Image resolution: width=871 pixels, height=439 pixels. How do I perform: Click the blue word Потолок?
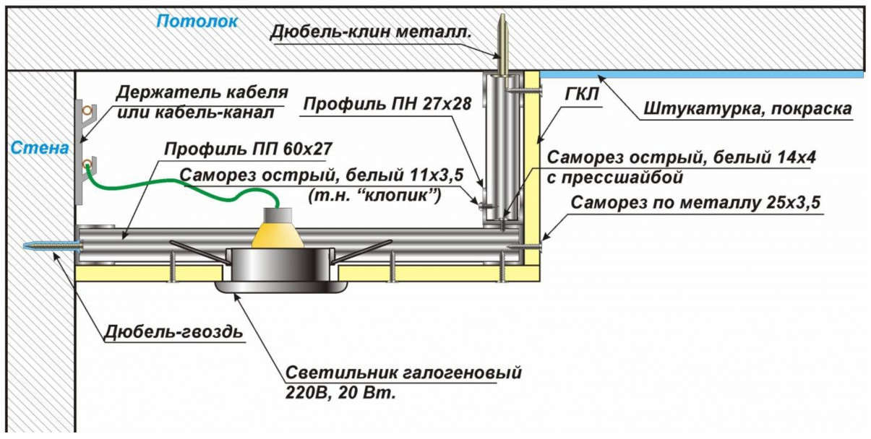tap(197, 21)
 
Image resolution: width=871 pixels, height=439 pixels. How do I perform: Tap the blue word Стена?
tap(39, 149)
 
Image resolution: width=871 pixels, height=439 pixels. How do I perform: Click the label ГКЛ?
tap(578, 96)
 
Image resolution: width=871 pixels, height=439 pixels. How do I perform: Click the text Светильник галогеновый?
tap(403, 375)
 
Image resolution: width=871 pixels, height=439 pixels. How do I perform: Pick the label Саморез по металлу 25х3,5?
tap(695, 203)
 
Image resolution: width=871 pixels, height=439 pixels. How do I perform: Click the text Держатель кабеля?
tap(202, 93)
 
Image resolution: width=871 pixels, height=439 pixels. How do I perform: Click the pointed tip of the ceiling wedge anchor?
tap(502, 17)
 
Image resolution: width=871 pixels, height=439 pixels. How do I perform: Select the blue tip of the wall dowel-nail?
tap(32, 246)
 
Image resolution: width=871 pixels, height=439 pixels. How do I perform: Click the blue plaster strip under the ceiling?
tap(701, 74)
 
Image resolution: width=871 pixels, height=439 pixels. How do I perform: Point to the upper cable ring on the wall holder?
tap(87, 110)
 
